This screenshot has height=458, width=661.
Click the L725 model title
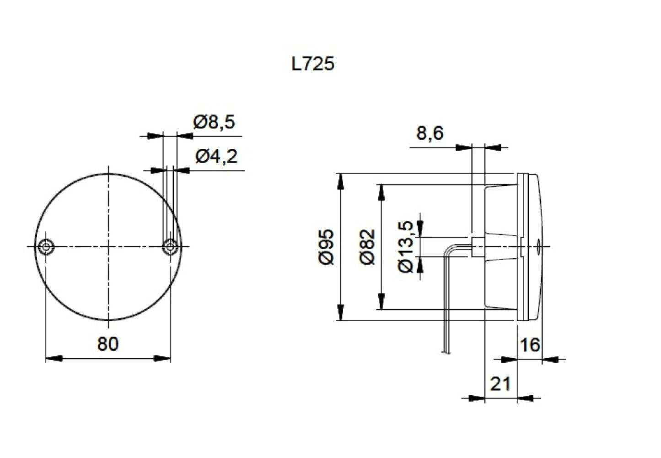point(313,64)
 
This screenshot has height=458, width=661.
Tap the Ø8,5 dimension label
point(214,122)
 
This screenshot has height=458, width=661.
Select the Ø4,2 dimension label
point(216,157)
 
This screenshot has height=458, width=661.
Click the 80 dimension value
point(108,343)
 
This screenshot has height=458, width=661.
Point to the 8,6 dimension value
point(430,133)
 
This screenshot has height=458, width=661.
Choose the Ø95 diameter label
point(327,247)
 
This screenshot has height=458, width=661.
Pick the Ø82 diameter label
point(367,247)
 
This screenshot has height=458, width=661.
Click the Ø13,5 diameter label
point(407,247)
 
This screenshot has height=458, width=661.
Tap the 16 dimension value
point(530,344)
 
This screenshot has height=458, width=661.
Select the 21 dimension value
point(500,384)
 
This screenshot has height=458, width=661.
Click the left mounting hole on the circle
point(46,246)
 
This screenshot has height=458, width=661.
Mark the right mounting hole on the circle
point(170,247)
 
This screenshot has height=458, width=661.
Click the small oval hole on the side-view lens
point(538,247)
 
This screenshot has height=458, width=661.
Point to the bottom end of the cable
point(446,352)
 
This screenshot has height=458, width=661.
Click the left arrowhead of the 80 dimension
point(53,359)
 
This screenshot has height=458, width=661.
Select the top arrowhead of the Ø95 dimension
point(340,181)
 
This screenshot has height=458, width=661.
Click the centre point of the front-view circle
point(108,246)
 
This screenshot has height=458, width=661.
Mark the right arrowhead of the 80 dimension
point(163,359)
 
